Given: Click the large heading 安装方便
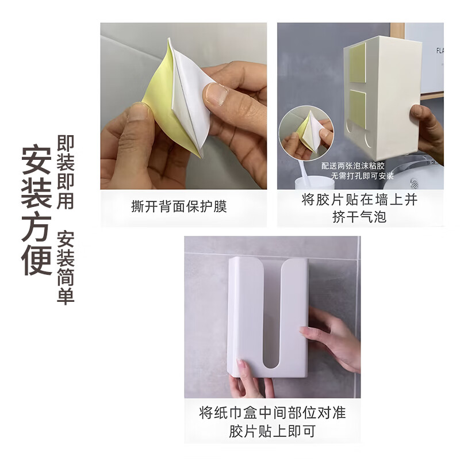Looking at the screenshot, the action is point(36,210).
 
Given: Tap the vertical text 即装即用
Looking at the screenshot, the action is point(66,172).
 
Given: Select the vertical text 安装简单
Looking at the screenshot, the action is point(66,267).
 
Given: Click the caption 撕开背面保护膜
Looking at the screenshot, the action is point(179,206).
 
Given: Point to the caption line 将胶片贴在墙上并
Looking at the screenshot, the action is point(359,200).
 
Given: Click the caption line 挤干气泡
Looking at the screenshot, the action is point(359,217).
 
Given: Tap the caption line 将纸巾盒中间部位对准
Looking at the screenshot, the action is point(272,413).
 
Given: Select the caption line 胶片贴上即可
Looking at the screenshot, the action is point(272,431).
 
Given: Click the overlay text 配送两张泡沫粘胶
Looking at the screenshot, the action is point(353,166).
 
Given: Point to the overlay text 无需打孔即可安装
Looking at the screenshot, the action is point(362,176).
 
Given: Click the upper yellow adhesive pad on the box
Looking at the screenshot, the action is point(357,63).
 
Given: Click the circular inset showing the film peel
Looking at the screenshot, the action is point(306,133).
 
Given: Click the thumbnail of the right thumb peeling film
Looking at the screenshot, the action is point(217,94).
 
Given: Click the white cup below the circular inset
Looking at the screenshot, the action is point(315,182).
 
